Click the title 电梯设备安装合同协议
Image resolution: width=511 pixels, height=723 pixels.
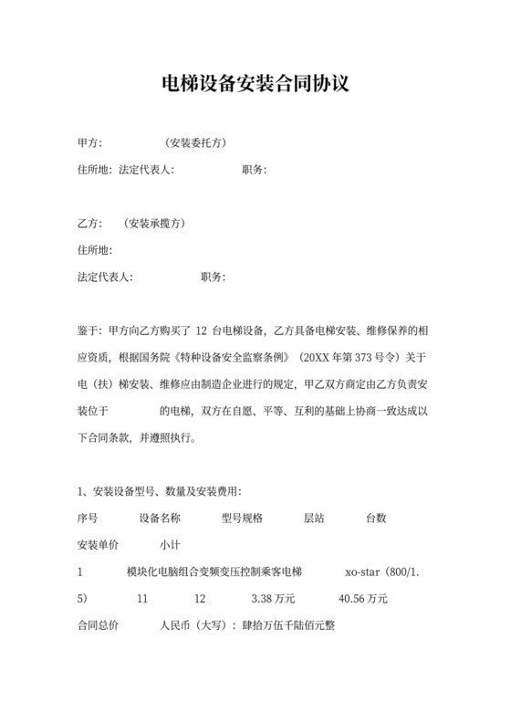pos(255,85)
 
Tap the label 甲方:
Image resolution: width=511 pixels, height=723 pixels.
pos(89,143)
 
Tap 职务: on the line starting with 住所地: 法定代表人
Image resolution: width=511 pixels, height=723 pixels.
pos(255,170)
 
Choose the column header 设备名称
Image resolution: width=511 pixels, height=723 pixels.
pos(160,518)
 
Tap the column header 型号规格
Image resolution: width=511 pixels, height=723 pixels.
pos(242,518)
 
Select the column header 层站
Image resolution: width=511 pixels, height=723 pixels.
pos(314,518)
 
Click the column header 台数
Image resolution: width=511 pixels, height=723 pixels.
pos(376,518)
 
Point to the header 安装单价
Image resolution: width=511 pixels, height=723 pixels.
pos(99,545)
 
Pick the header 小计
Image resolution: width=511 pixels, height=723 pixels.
pos(170,545)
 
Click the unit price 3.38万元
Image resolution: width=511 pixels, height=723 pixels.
pos(272,599)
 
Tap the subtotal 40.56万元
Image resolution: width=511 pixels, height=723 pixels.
pos(363,599)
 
